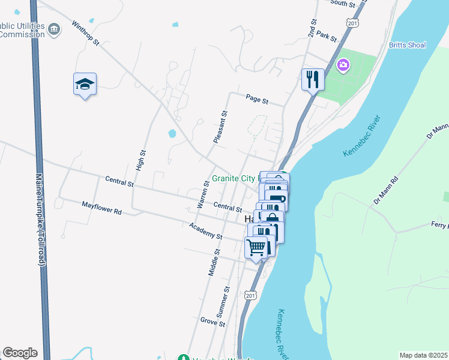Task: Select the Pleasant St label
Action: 220,126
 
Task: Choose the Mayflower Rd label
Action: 101,208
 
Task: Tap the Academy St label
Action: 205,230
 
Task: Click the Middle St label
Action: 213,262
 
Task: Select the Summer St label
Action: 223,302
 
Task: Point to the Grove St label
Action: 212,322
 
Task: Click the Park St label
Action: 327,36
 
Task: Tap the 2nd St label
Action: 312,29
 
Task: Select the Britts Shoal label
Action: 408,44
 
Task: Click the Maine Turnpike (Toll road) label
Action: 40,219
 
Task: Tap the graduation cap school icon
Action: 85,85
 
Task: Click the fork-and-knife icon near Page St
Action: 313,79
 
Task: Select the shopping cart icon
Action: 256,247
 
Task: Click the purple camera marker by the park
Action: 343,64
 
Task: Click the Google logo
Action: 20,353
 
